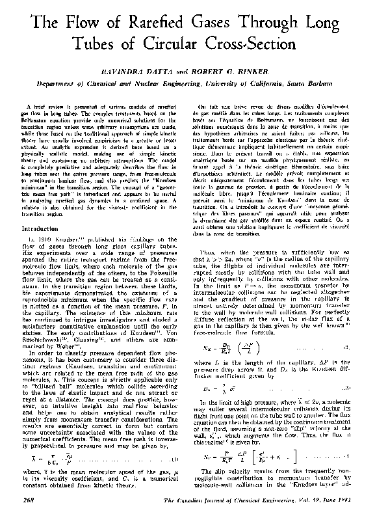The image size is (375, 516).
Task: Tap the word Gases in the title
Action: pos(224,26)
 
